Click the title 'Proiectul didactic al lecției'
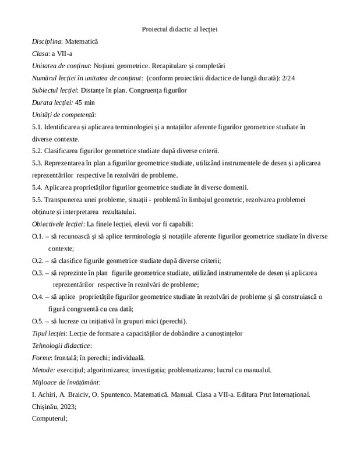(179, 29)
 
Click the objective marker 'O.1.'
(39, 235)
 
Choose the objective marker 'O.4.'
(39, 296)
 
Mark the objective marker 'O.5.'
(39, 320)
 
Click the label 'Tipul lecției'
(49, 333)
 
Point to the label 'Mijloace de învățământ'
(65, 382)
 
